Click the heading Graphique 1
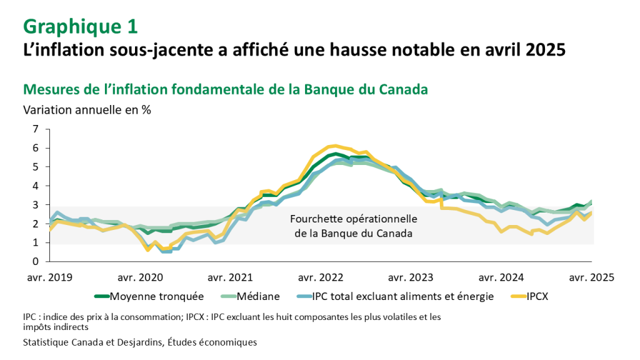(x=80, y=26)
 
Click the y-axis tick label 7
(x=35, y=129)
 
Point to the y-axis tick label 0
(x=35, y=261)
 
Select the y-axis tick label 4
(x=35, y=186)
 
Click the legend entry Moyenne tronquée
(x=153, y=296)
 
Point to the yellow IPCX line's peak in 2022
(x=336, y=146)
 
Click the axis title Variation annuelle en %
(x=87, y=109)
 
